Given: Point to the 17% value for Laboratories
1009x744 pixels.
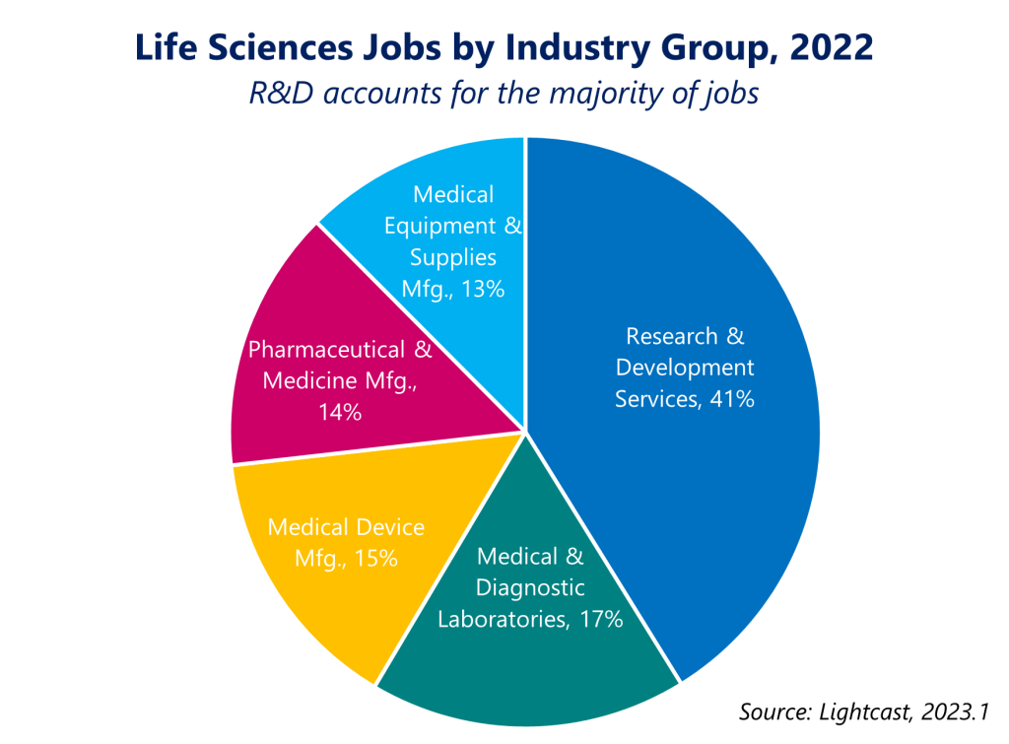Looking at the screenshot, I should click(x=600, y=620).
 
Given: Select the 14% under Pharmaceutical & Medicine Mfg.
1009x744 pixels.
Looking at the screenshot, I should click(x=339, y=412).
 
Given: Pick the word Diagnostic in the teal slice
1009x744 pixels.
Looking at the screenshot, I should click(x=530, y=588).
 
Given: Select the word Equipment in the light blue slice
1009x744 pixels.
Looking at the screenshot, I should click(x=442, y=226).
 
